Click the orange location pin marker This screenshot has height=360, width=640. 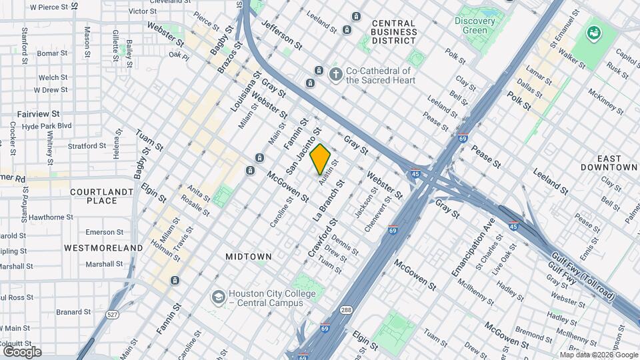click(x=321, y=159)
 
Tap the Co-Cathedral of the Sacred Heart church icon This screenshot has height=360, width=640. click(x=337, y=75)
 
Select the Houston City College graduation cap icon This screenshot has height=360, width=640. click(x=217, y=296)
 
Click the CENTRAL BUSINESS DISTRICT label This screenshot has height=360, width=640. click(x=393, y=32)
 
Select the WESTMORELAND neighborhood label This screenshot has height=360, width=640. click(x=103, y=247)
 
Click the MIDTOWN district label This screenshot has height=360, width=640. click(x=249, y=256)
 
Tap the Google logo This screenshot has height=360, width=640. click(x=22, y=351)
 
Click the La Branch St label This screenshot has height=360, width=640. click(x=328, y=200)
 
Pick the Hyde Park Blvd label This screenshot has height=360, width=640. click(x=46, y=125)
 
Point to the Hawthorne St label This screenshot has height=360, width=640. click(x=51, y=217)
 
